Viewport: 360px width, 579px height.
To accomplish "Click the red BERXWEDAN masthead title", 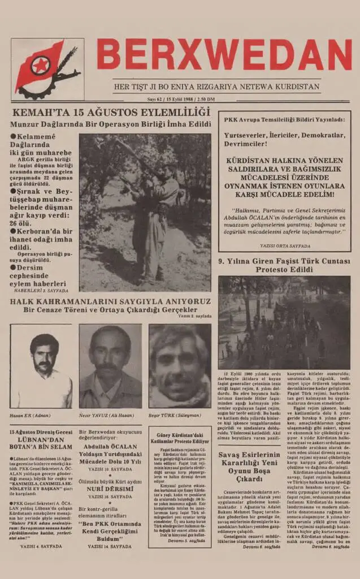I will click(x=224, y=55).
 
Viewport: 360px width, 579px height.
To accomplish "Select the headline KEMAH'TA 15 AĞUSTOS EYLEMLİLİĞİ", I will click(x=111, y=112).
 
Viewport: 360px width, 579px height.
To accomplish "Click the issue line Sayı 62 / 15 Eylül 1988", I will click(x=177, y=99).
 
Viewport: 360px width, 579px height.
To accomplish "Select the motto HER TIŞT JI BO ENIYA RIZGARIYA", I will click(x=216, y=87).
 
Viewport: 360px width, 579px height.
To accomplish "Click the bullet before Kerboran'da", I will click(x=13, y=231).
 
